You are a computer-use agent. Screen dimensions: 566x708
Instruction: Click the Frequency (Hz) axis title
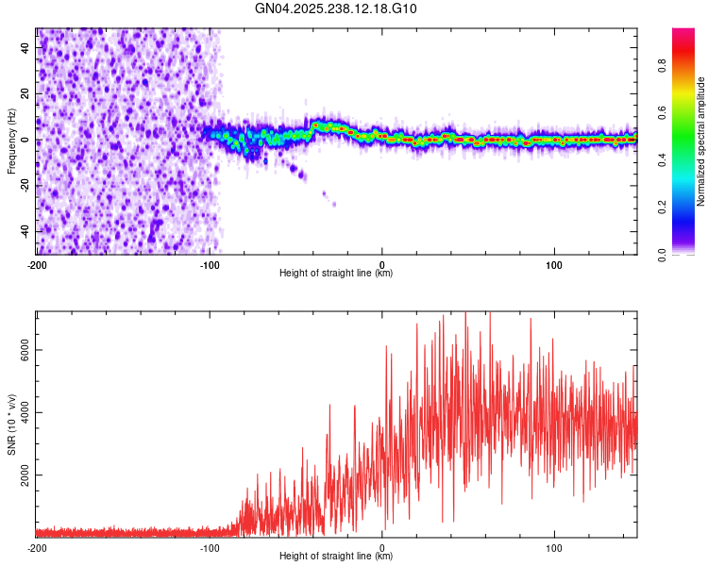tap(11, 141)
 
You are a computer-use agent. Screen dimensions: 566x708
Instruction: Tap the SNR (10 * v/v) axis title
tap(11, 424)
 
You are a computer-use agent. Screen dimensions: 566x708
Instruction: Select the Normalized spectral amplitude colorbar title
tap(701, 141)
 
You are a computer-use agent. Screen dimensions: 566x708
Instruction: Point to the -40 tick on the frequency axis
tap(23, 231)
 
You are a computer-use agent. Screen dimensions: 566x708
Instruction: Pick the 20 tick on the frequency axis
tap(25, 94)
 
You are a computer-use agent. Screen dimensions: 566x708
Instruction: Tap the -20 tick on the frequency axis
tap(23, 186)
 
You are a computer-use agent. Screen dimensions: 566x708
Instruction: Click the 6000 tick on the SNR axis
tap(21, 350)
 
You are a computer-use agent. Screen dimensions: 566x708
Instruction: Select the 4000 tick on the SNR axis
tap(21, 412)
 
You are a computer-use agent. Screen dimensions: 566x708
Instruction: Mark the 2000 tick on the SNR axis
tap(21, 475)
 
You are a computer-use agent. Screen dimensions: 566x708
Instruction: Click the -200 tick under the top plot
tap(37, 263)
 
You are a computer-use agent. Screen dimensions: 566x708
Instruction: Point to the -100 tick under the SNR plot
tap(210, 547)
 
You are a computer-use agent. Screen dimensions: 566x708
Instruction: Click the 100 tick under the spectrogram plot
tap(555, 263)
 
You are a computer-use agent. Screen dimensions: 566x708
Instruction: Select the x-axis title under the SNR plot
tap(336, 557)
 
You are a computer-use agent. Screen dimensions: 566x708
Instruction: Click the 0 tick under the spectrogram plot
tap(382, 263)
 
